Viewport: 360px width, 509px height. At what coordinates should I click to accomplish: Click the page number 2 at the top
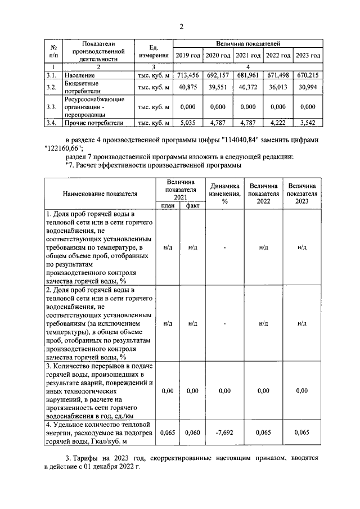[x=181, y=26]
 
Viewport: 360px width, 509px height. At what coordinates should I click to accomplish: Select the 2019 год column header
[x=187, y=56]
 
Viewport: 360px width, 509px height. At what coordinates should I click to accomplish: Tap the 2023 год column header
[x=308, y=56]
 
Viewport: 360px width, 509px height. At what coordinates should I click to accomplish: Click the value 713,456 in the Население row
[x=187, y=75]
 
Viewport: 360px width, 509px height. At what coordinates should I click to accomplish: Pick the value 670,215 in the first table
[x=308, y=75]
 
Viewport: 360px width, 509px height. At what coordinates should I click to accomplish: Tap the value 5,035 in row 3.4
[x=187, y=122]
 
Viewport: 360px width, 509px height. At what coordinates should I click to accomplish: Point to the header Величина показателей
[x=248, y=43]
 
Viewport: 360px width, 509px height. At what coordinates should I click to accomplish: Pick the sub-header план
[x=168, y=206]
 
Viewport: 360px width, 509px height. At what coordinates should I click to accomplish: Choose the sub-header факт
[x=192, y=206]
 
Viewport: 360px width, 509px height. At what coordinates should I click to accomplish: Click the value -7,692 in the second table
[x=224, y=433]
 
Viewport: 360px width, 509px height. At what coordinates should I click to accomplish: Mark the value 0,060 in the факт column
[x=192, y=433]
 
